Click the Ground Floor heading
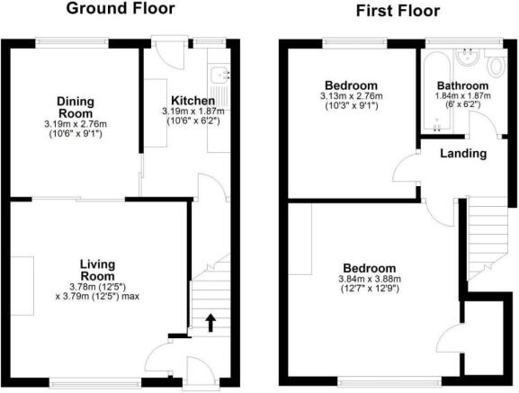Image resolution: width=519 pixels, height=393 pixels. click(121, 8)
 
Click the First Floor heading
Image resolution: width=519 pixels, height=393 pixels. click(398, 11)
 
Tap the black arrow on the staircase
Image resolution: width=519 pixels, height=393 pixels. click(210, 323)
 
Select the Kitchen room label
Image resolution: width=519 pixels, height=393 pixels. click(193, 101)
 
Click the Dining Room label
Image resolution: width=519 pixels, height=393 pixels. click(76, 107)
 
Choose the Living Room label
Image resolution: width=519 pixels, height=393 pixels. click(98, 270)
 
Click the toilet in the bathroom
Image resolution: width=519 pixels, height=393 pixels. click(497, 67)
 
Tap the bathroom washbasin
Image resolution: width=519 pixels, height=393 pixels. click(467, 57)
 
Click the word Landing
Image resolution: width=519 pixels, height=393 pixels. click(463, 154)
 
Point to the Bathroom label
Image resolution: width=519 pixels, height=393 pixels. click(462, 85)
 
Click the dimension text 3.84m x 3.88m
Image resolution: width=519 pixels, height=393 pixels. click(370, 279)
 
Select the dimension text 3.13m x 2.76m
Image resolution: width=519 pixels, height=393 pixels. click(351, 96)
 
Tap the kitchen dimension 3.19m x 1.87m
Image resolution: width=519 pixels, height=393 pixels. click(193, 112)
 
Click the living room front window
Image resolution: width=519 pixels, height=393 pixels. click(95, 384)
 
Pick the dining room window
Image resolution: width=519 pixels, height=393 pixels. click(72, 42)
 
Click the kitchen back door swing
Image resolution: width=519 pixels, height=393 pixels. click(169, 55)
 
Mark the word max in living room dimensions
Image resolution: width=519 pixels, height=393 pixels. click(130, 296)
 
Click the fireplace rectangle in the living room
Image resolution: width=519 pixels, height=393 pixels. click(22, 286)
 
